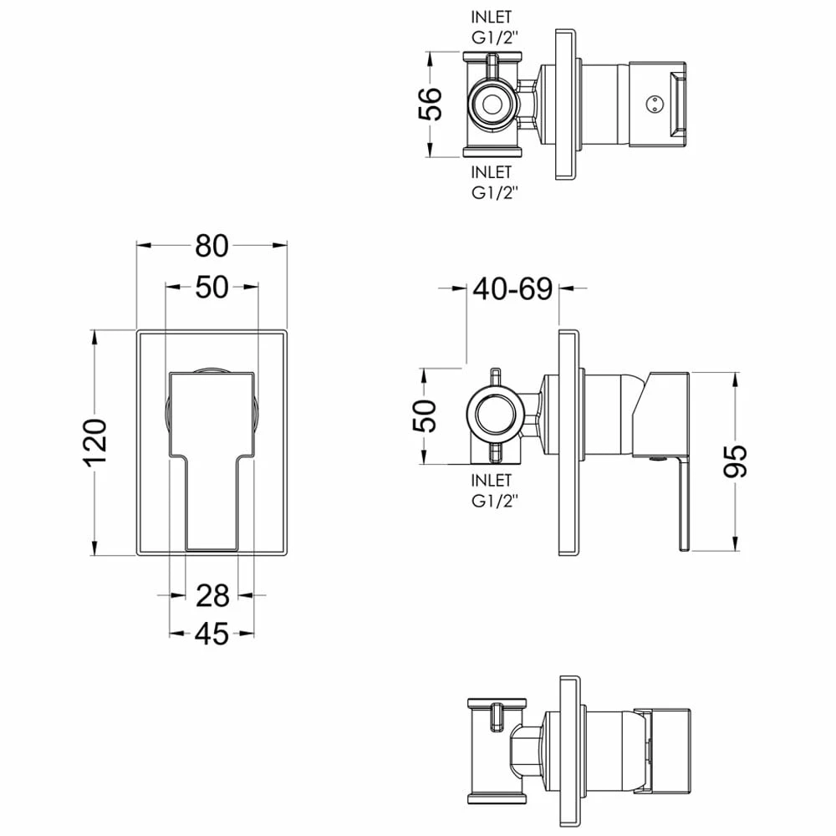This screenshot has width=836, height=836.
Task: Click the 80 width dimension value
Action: pos(212,246)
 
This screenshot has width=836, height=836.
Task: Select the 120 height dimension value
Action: pos(97,442)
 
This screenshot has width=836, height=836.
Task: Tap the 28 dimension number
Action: pos(212,595)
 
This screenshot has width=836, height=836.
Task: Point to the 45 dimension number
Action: pos(212,634)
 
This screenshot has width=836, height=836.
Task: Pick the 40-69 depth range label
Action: pos(513,288)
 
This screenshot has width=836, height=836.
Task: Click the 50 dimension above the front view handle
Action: pos(212,287)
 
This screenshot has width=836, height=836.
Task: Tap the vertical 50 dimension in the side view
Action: pos(425,415)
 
